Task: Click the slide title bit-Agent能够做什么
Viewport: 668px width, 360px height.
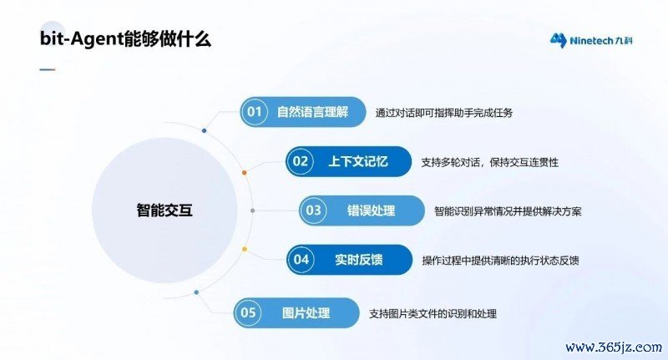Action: point(125,39)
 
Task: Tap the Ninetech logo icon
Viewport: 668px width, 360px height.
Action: point(558,40)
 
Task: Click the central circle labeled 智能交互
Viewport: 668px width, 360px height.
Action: point(164,210)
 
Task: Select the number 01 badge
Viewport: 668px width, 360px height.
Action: point(255,112)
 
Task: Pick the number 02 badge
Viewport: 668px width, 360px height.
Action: point(301,161)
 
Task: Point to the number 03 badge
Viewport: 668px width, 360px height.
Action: point(313,210)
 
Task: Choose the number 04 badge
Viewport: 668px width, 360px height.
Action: point(301,260)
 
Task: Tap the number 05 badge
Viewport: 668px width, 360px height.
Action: point(248,312)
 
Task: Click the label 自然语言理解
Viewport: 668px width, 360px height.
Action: point(312,112)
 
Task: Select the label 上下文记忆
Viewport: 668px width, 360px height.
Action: point(358,161)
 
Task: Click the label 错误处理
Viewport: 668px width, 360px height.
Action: point(371,210)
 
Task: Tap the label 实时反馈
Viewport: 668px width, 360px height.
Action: point(359,260)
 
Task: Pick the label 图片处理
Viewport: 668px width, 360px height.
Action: point(306,312)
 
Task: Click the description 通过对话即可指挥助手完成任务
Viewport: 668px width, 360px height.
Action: point(444,113)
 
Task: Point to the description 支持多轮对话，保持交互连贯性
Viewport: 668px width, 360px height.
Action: point(490,162)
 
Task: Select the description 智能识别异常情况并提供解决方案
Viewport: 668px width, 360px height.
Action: point(508,211)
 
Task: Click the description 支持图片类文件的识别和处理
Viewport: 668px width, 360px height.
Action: point(433,314)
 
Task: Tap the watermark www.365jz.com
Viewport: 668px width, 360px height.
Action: point(614,347)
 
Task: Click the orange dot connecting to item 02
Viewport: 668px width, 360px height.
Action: point(244,173)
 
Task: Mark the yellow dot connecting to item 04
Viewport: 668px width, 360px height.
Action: point(244,249)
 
